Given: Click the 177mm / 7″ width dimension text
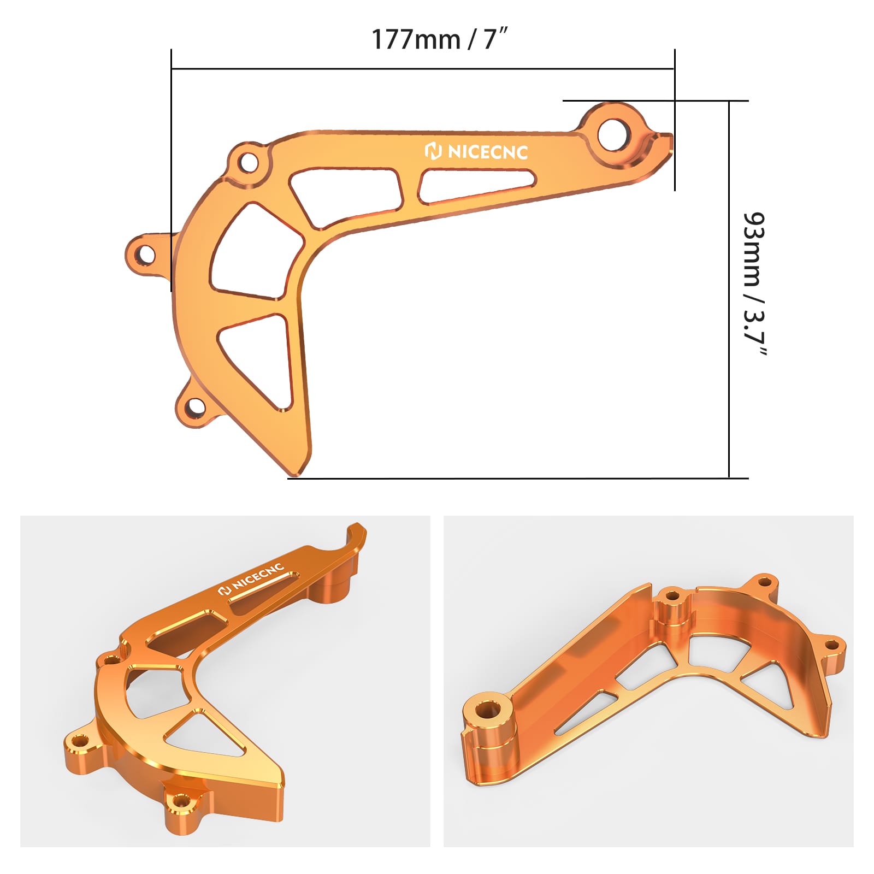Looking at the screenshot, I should coord(440,39).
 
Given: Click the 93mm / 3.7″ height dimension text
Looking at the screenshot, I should coord(755,284).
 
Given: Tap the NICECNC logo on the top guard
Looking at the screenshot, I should coord(476,151).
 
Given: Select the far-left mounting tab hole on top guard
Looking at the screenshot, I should coord(146,254).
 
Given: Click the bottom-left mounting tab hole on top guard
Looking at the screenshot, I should coord(195,406).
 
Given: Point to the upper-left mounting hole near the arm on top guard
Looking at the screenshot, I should coord(249,162).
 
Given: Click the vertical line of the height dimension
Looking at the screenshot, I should coord(729,290).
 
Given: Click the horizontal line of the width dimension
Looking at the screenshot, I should coord(423,69).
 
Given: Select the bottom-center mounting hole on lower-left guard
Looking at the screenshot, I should coord(180,801).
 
